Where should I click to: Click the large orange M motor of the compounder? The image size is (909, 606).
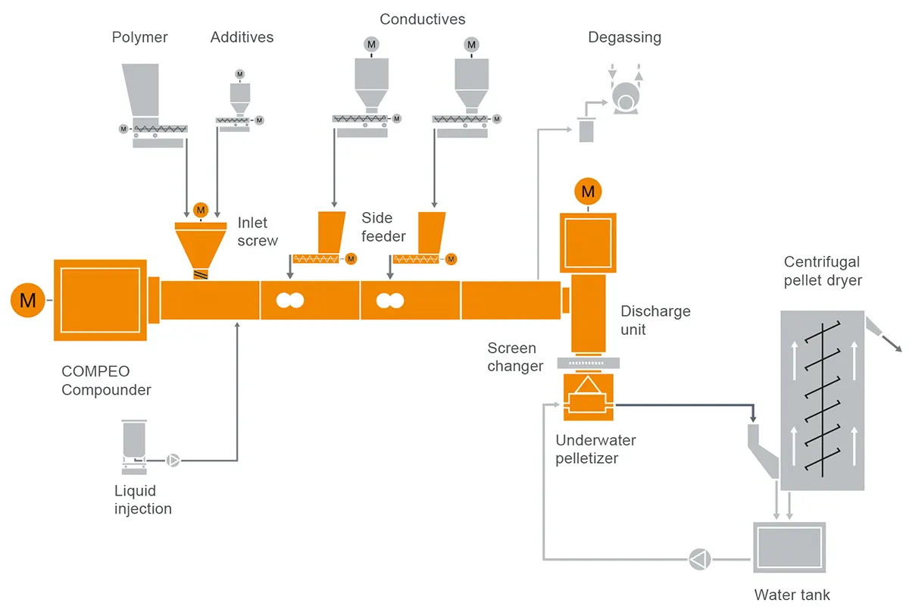28,301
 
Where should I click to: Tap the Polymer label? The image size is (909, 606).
140,37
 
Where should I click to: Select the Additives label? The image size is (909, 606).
242,37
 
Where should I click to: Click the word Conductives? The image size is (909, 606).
423,19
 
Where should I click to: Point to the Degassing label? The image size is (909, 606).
624,37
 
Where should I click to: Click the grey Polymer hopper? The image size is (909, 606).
141,91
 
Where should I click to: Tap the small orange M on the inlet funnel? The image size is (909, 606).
200,209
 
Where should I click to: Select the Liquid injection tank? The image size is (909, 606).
133,439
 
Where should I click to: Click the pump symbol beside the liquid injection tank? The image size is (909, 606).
173,459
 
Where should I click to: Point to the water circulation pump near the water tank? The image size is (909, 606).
698,560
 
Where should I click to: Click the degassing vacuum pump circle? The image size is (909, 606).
625,97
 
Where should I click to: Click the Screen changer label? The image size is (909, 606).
515,358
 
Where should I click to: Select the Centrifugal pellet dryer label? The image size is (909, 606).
823,271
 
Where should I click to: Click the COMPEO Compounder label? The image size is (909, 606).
106,381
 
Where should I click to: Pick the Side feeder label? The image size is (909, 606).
383,226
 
